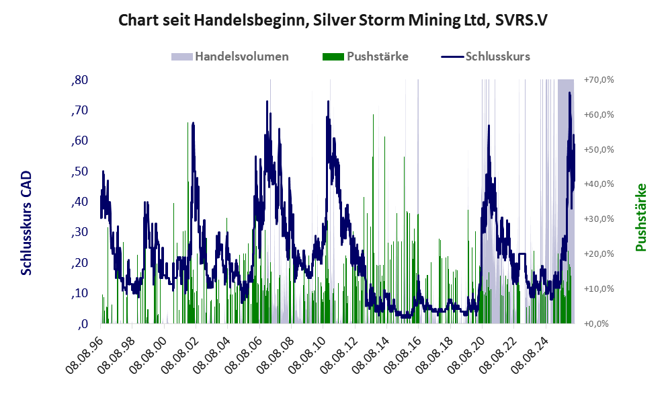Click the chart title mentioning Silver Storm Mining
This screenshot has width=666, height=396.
click(x=333, y=20)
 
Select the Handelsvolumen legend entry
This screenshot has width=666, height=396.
click(x=230, y=56)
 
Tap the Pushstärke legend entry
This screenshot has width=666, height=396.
click(x=366, y=56)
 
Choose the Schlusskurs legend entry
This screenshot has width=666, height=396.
click(x=485, y=56)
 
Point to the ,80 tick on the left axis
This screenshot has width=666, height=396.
click(x=79, y=80)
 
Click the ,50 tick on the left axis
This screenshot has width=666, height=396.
click(x=79, y=171)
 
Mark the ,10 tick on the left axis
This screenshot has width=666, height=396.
click(x=79, y=293)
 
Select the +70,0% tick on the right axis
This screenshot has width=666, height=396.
click(x=599, y=80)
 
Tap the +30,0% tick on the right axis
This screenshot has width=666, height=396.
click(x=599, y=219)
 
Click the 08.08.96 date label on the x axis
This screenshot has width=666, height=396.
click(x=84, y=354)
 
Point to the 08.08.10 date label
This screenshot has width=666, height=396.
click(x=306, y=354)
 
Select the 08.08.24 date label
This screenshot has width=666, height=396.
click(x=529, y=354)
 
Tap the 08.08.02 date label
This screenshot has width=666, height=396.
click(x=179, y=354)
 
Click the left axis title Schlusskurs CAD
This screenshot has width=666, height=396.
click(x=26, y=223)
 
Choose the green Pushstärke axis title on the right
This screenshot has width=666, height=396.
click(x=641, y=217)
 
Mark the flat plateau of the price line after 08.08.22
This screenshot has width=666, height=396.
click(x=522, y=254)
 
